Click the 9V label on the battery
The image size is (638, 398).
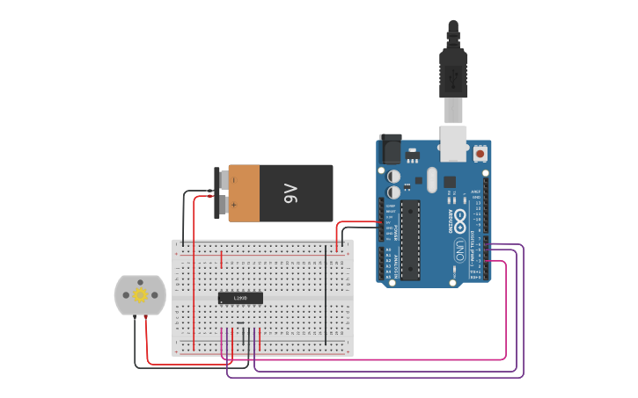point(291,192)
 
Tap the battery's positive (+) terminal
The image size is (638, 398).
point(223,205)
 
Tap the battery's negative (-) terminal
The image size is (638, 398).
point(223,180)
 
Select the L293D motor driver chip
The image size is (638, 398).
point(240,298)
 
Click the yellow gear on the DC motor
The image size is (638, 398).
point(140,295)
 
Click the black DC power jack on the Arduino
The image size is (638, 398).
point(389,148)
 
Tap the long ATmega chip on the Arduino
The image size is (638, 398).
point(410,240)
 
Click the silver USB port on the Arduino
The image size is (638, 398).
point(453,143)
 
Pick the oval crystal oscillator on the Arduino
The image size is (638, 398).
point(431,181)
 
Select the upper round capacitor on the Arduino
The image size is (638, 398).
point(394,176)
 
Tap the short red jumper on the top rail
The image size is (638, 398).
point(221,259)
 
